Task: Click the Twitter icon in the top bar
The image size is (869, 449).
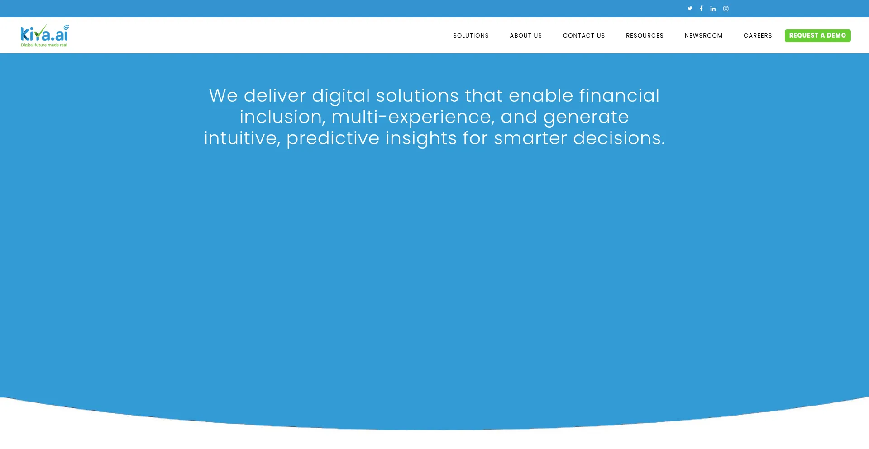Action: (x=690, y=9)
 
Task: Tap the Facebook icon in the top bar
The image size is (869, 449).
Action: (x=701, y=9)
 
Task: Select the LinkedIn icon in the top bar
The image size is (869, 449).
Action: (x=713, y=9)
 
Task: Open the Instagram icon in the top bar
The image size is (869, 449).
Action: (x=726, y=9)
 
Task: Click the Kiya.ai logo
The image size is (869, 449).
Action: (x=45, y=35)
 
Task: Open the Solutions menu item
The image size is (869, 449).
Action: (x=471, y=36)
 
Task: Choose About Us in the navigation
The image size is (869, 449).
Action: (x=526, y=36)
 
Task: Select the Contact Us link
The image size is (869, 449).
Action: (x=584, y=36)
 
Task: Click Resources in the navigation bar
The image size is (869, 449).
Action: (x=645, y=36)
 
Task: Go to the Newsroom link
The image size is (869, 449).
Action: (x=703, y=36)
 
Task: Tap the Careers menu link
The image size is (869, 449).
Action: (x=758, y=36)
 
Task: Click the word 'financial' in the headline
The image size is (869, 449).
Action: (x=619, y=95)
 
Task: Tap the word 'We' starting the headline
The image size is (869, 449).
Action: (x=223, y=96)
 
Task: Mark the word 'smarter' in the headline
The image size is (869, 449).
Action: (x=530, y=138)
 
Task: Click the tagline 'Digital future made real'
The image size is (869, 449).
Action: (x=44, y=45)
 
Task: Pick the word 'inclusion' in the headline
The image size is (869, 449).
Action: (x=281, y=117)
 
